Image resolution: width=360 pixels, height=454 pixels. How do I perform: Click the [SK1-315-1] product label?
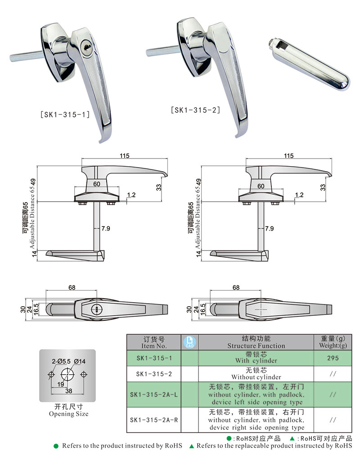pos(65,114)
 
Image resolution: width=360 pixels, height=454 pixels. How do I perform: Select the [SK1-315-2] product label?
pos(195,109)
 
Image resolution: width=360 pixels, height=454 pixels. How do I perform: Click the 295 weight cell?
pos(333,358)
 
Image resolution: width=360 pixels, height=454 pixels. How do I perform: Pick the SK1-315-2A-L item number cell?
pos(154,394)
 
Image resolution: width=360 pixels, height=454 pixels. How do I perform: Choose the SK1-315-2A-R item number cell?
pos(154,420)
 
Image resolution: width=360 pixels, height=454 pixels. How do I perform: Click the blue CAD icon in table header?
pos(189,342)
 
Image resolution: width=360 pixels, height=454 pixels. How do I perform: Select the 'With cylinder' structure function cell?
pos(256,358)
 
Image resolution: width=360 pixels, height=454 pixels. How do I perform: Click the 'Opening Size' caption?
pos(68,413)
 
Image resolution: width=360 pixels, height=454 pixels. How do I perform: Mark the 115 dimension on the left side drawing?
pos(125,156)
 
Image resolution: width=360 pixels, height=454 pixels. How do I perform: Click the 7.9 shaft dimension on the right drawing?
pos(270,229)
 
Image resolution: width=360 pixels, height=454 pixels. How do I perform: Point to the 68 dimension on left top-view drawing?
pos(72,287)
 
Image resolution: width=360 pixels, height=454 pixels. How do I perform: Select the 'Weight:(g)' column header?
pos(333,342)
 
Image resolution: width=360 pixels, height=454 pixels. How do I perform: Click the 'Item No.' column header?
pos(154,342)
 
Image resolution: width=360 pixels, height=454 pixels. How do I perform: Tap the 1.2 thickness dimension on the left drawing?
pos(131,195)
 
